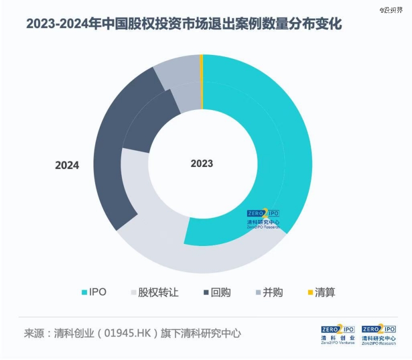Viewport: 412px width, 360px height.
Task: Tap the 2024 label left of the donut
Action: click(x=67, y=165)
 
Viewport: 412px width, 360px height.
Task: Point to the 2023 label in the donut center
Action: click(x=202, y=163)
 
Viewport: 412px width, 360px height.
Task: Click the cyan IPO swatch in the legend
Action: click(x=83, y=292)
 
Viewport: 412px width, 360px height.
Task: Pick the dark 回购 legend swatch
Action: click(x=206, y=292)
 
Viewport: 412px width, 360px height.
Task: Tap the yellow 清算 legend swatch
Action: click(x=309, y=292)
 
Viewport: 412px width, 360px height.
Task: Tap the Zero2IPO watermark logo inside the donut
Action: click(x=263, y=218)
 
